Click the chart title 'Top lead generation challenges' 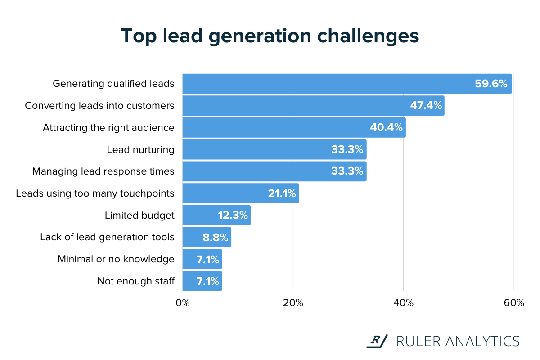[x=270, y=36]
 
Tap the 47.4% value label [x=426, y=106]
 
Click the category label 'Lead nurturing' [x=140, y=150]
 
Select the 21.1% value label [x=282, y=193]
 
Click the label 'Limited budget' [x=139, y=216]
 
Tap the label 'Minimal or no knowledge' [x=116, y=259]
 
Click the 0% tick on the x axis [x=183, y=303]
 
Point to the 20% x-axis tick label [x=293, y=303]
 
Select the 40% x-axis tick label [x=403, y=303]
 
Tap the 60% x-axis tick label [x=513, y=303]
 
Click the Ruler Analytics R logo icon [x=376, y=341]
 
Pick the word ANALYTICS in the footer [x=483, y=341]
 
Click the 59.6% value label [x=491, y=84]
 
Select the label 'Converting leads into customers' [x=99, y=106]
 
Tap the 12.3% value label [x=233, y=216]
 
